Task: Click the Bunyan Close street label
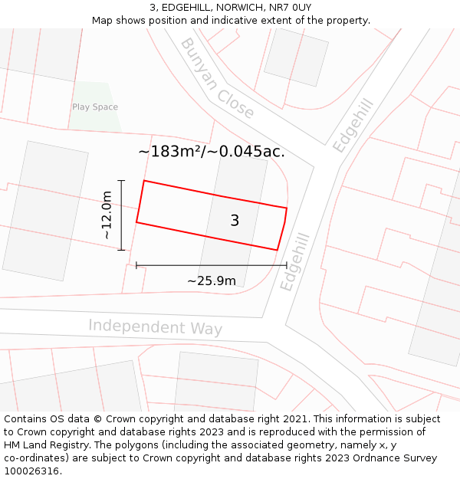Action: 216,78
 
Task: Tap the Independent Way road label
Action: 155,327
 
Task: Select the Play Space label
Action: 95,107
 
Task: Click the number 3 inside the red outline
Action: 235,221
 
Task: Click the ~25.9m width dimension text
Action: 212,281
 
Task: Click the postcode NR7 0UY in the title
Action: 291,8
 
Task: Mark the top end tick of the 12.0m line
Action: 121,181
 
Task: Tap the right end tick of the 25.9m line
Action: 287,265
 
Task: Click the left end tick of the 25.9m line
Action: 136,265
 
